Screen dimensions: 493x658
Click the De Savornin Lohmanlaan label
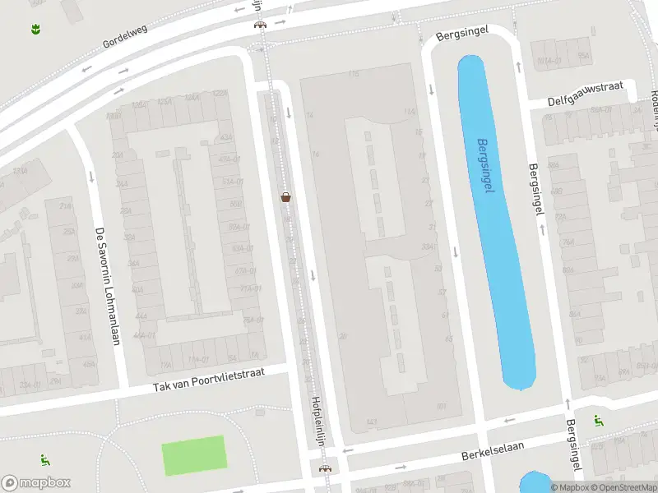108,285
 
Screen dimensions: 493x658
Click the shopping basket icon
286,196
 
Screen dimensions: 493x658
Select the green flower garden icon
35,30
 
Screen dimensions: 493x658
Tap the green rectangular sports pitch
193,455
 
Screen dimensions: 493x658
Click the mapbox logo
36,483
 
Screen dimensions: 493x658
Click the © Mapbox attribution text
569,487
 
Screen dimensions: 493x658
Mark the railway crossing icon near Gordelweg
261,23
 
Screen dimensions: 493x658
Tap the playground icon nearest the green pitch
44,460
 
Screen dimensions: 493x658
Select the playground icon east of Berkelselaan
598,421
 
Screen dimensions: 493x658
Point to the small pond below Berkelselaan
535,483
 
